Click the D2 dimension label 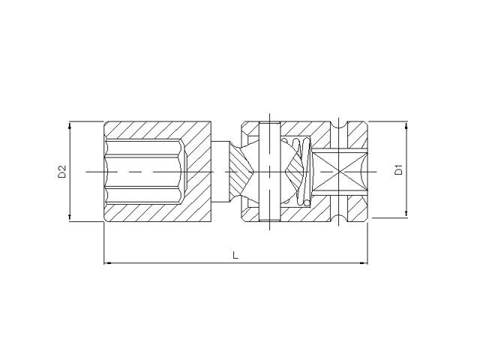(62, 172)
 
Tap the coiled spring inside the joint (301, 172)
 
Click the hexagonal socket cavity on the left (142, 172)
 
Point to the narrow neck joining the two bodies (223, 172)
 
